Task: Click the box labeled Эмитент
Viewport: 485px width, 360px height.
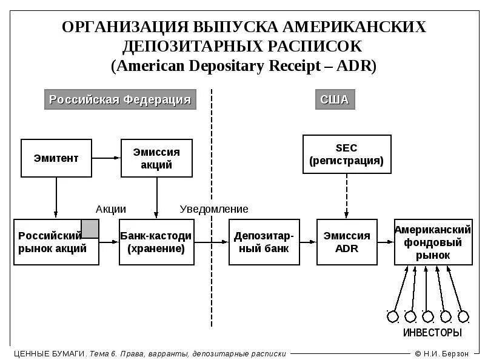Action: [x=56, y=158]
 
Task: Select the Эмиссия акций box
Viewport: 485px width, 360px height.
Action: [x=156, y=158]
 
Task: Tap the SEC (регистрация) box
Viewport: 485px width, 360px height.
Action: [x=346, y=155]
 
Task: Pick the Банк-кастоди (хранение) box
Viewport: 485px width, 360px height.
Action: [x=156, y=242]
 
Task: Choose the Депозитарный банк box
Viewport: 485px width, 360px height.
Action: [x=264, y=242]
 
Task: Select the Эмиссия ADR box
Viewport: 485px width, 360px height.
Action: [x=347, y=242]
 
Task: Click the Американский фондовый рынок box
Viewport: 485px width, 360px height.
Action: [x=433, y=242]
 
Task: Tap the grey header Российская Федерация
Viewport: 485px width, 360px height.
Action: [x=120, y=100]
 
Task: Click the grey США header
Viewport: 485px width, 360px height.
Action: [x=335, y=100]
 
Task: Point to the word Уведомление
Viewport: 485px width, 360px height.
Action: [x=214, y=209]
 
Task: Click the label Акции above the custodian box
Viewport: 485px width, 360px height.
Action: [x=111, y=209]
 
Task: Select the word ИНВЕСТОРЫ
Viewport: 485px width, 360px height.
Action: [x=432, y=333]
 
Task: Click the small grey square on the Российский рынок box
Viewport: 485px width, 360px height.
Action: [x=90, y=228]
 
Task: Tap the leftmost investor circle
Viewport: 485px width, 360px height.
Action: [x=392, y=316]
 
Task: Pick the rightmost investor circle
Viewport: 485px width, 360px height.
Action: [x=464, y=316]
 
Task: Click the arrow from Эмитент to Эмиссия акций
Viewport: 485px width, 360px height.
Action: [x=106, y=158]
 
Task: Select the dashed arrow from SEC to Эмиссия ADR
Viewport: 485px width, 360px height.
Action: [x=346, y=195]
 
